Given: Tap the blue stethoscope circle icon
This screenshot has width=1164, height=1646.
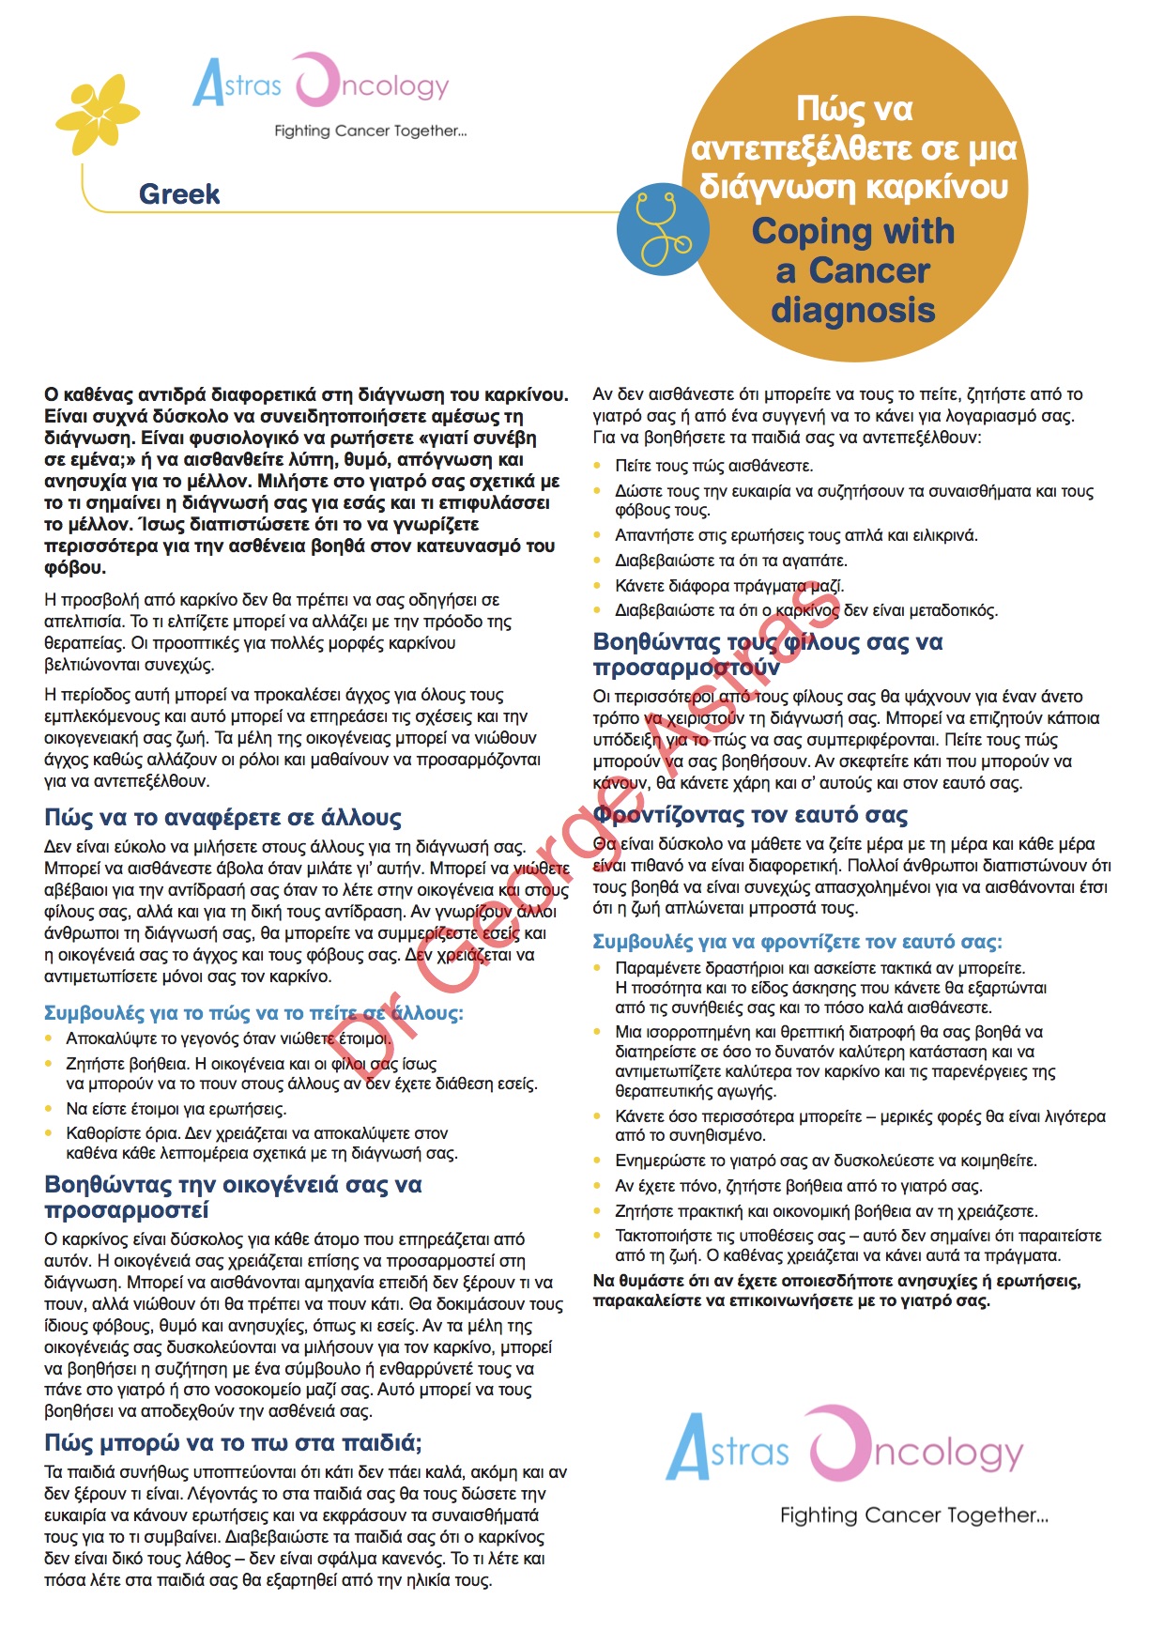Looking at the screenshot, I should click(664, 228).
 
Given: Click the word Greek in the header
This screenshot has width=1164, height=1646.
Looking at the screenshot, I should click(178, 194).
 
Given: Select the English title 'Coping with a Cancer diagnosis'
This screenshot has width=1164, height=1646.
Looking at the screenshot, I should click(853, 270).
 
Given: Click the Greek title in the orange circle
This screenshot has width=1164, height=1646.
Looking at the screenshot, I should click(853, 147).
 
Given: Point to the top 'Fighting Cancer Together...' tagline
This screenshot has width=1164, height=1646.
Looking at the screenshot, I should click(370, 131).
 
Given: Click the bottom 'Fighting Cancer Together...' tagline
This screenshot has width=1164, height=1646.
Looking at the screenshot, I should click(913, 1515).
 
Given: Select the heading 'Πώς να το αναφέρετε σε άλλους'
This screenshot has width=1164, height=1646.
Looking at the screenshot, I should click(222, 817).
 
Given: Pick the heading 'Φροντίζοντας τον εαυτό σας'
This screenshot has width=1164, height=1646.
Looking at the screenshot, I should click(751, 814).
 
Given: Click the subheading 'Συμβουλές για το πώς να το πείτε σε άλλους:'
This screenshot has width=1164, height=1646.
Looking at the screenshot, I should click(253, 1013).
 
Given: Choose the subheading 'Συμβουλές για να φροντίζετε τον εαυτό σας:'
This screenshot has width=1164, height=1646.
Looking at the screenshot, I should click(797, 942).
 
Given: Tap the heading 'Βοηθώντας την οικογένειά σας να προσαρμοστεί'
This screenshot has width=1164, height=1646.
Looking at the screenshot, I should click(233, 1197).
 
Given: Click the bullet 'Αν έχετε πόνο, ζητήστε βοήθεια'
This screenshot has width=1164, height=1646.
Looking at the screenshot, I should click(798, 1186).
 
